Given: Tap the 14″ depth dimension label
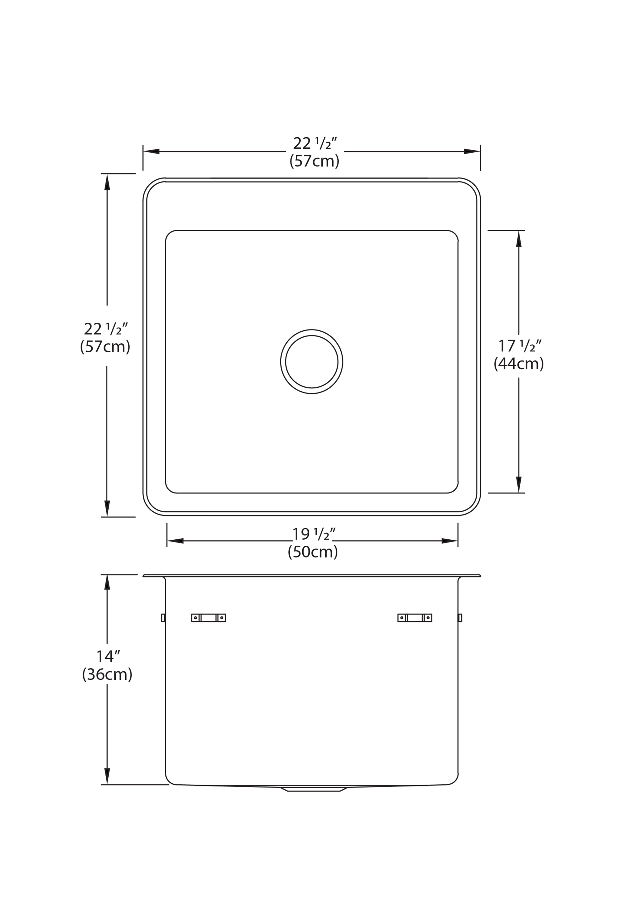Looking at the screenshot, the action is pos(108,657).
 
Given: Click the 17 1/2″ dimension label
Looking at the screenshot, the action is pos(520,345).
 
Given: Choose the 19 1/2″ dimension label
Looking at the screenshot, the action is pos(314,534).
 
